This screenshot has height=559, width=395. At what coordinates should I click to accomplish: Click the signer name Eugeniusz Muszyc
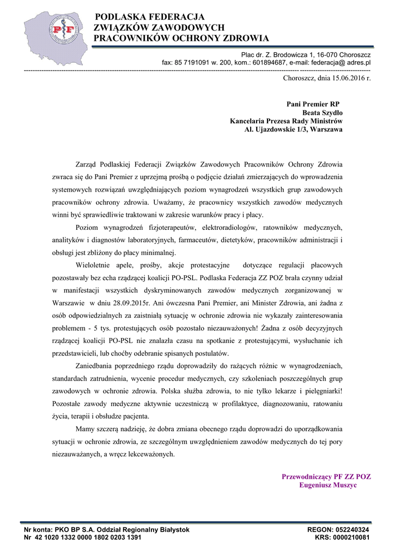pyautogui.click(x=329, y=485)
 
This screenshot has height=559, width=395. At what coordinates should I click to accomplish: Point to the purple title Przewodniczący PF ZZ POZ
pyautogui.click(x=326, y=476)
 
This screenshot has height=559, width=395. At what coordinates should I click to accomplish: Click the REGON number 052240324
pyautogui.click(x=349, y=530)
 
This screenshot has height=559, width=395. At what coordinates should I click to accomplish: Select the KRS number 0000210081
pyautogui.click(x=351, y=537)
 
